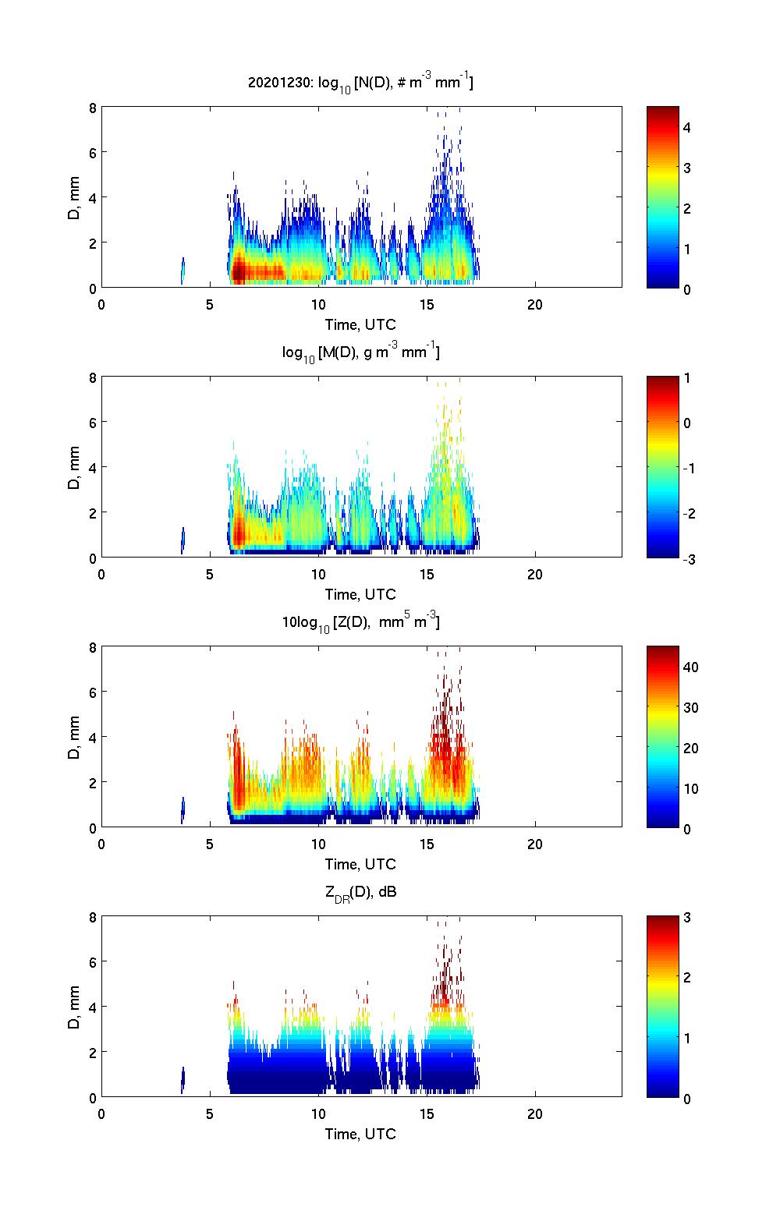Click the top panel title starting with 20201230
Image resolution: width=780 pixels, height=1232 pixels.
click(x=360, y=82)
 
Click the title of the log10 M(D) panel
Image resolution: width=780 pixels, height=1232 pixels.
click(x=360, y=352)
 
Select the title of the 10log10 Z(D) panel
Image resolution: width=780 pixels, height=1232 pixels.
click(x=360, y=622)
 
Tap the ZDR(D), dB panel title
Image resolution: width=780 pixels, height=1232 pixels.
click(x=360, y=892)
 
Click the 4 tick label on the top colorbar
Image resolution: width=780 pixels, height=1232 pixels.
click(x=687, y=127)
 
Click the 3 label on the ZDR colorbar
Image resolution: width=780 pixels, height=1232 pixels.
click(x=687, y=917)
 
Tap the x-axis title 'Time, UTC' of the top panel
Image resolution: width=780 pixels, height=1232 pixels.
click(x=360, y=324)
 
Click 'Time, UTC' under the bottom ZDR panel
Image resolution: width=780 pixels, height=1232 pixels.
click(x=360, y=1134)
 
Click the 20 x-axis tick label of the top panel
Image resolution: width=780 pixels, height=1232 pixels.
click(x=535, y=304)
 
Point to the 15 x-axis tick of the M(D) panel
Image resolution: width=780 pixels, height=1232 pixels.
click(x=427, y=574)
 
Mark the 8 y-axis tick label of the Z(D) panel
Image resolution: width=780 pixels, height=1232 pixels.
click(x=92, y=647)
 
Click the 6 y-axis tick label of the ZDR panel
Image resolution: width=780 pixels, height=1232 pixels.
click(x=92, y=962)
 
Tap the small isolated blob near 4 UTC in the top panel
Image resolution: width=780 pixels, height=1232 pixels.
click(x=183, y=271)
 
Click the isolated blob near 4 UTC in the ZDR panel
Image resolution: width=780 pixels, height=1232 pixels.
click(x=183, y=1080)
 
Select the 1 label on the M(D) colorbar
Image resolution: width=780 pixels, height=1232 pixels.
click(x=687, y=378)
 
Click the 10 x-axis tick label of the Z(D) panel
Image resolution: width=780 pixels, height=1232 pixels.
click(x=318, y=844)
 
